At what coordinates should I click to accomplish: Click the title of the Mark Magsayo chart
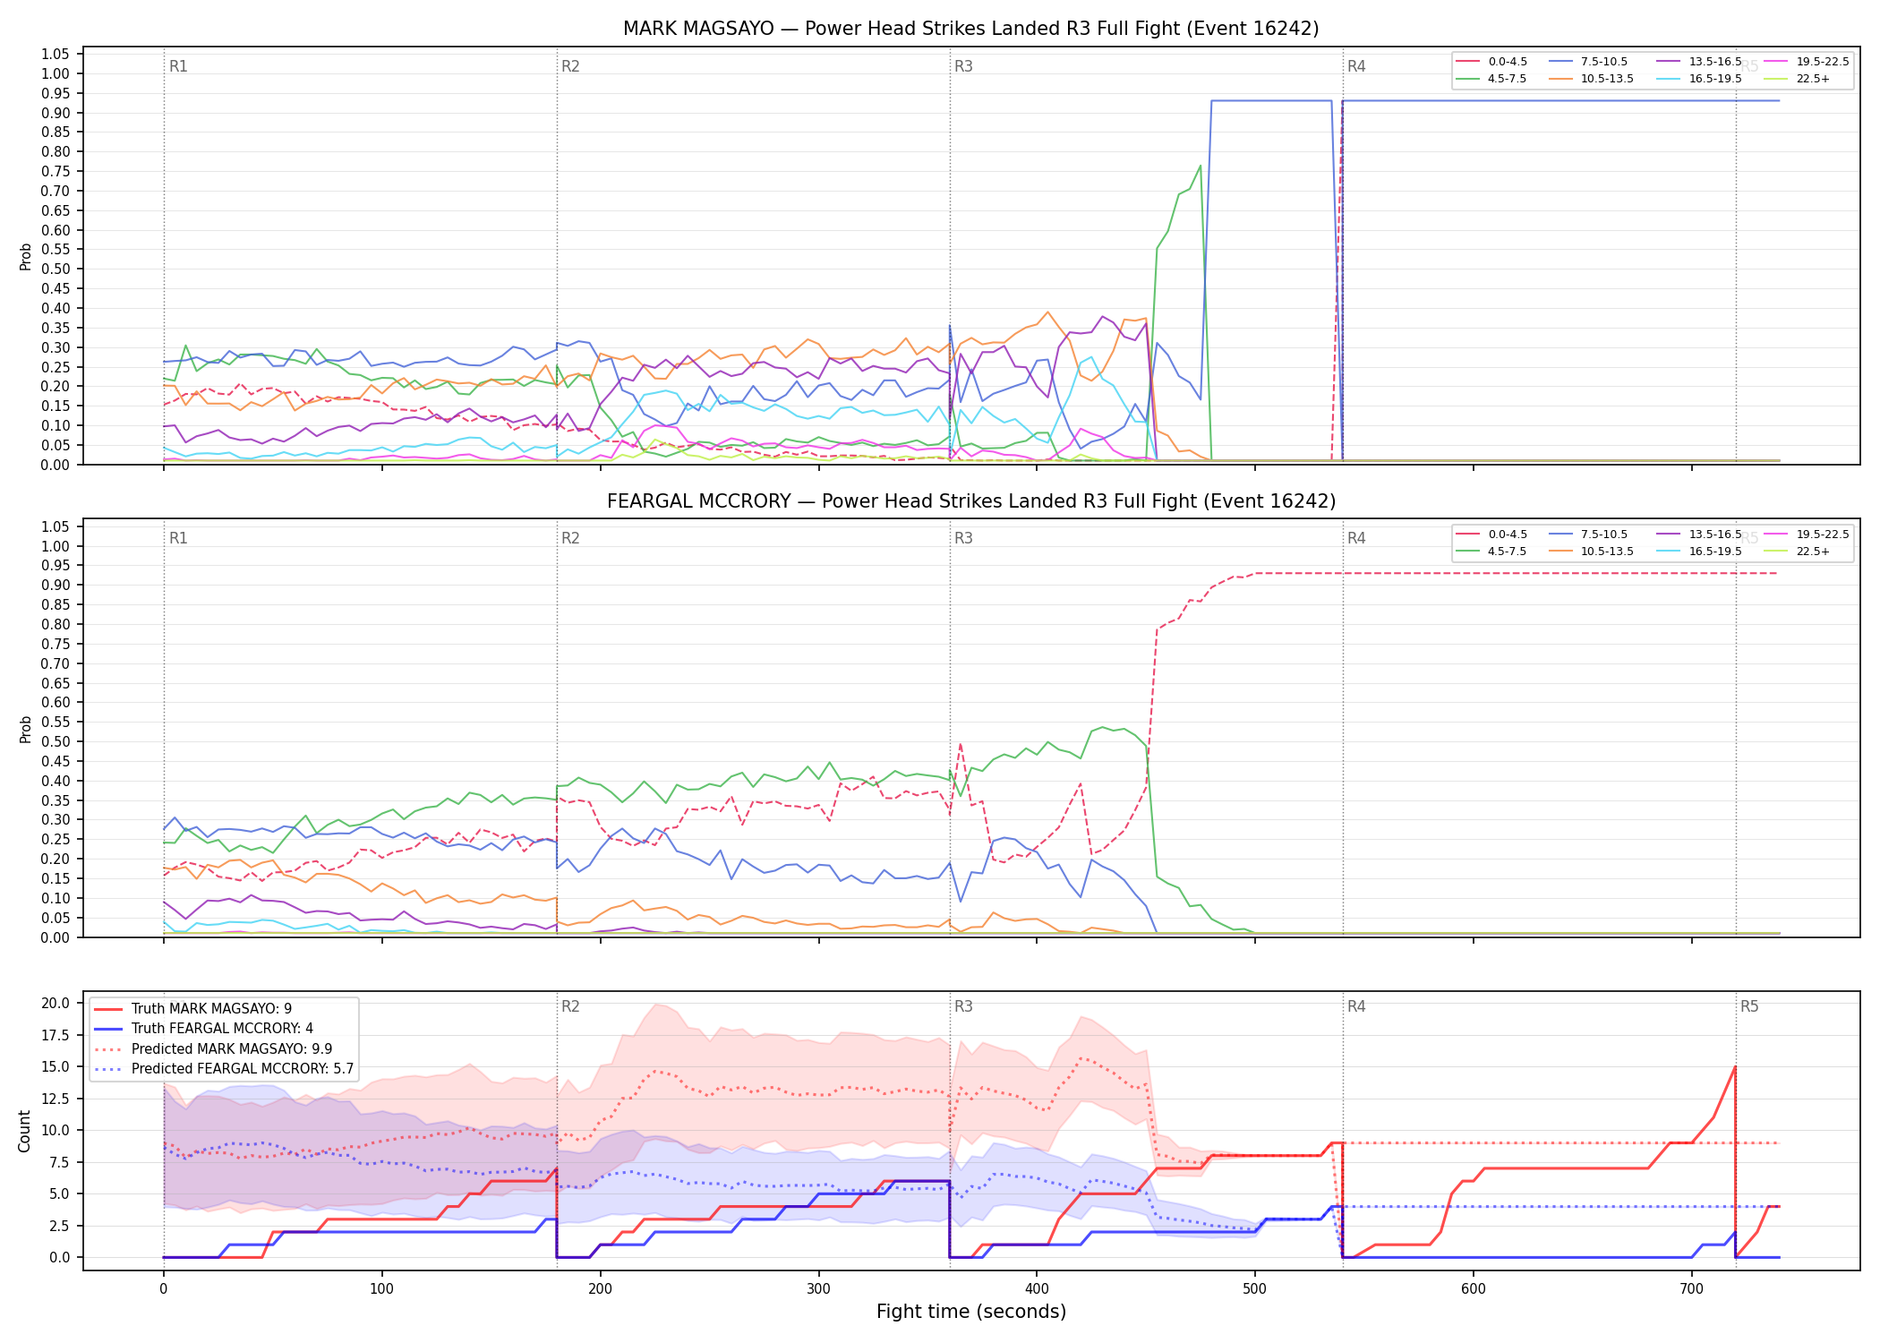coord(970,29)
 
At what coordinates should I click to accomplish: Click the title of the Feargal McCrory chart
coord(970,501)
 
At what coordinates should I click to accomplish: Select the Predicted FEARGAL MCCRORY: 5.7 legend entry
coord(223,1069)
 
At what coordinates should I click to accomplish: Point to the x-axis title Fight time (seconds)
coord(971,1312)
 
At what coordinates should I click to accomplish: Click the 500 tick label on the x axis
coord(1255,1289)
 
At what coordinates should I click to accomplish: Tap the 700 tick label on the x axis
coord(1692,1289)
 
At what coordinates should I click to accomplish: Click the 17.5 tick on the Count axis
coord(55,1035)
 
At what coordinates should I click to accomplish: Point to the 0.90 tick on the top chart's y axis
coord(56,113)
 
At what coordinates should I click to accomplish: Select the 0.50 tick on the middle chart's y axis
coord(56,741)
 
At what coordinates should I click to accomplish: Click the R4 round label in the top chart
coord(1356,66)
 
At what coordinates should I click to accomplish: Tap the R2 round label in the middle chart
coord(570,538)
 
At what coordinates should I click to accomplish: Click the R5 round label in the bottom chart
coord(1749,1006)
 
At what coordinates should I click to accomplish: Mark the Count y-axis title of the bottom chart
coord(25,1131)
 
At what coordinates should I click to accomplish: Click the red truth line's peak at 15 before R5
coord(1735,1066)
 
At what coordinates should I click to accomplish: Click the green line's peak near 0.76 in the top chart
coord(1200,166)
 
